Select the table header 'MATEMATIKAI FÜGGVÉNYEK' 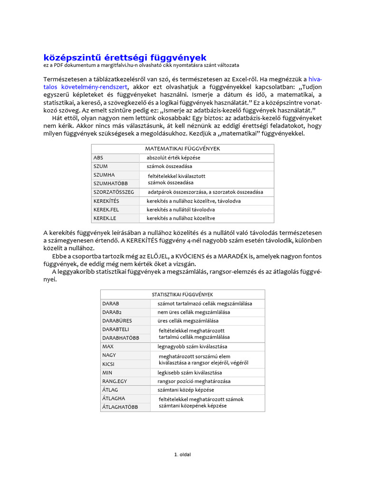pyautogui.click(x=182, y=149)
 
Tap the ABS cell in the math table pyautogui.click(x=98, y=158)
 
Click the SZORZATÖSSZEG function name pyautogui.click(x=114, y=192)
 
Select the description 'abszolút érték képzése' pyautogui.click(x=173, y=158)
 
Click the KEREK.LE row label pyautogui.click(x=105, y=218)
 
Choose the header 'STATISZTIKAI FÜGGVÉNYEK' pyautogui.click(x=182, y=294)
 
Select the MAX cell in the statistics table pyautogui.click(x=108, y=346)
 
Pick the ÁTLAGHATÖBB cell pyautogui.click(x=120, y=407)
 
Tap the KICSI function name pyautogui.click(x=109, y=364)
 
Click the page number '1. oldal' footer pyautogui.click(x=182, y=454)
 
